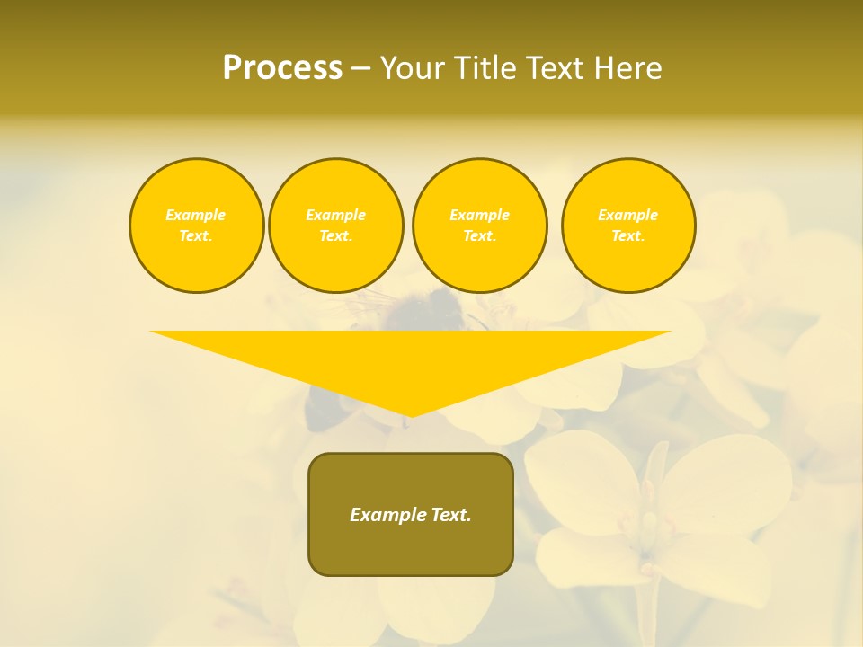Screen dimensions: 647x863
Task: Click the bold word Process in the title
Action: [x=282, y=68]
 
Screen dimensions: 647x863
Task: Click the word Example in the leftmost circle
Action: [x=196, y=215]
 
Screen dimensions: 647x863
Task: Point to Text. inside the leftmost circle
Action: [x=196, y=235]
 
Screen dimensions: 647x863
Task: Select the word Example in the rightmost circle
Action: [x=628, y=215]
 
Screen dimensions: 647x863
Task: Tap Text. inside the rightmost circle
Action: [x=628, y=235]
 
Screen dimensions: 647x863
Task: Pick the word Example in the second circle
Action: [x=336, y=215]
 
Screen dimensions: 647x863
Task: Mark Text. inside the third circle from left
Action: [x=480, y=235]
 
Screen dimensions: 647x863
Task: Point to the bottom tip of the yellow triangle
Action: [x=411, y=414]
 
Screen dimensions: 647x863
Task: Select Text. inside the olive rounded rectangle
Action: [x=452, y=515]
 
